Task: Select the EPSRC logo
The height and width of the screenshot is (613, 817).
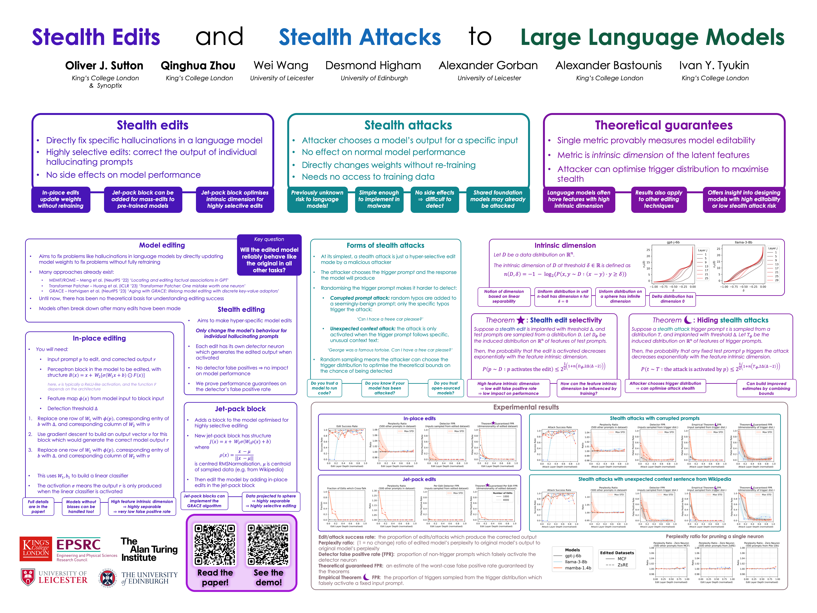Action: click(x=79, y=545)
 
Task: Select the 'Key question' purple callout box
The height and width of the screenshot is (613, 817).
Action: click(x=269, y=255)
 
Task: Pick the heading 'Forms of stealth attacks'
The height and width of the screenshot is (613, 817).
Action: click(x=385, y=245)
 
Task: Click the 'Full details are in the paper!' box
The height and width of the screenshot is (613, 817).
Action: click(x=38, y=507)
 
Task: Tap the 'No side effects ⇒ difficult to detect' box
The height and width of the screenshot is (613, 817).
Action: click(x=434, y=199)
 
